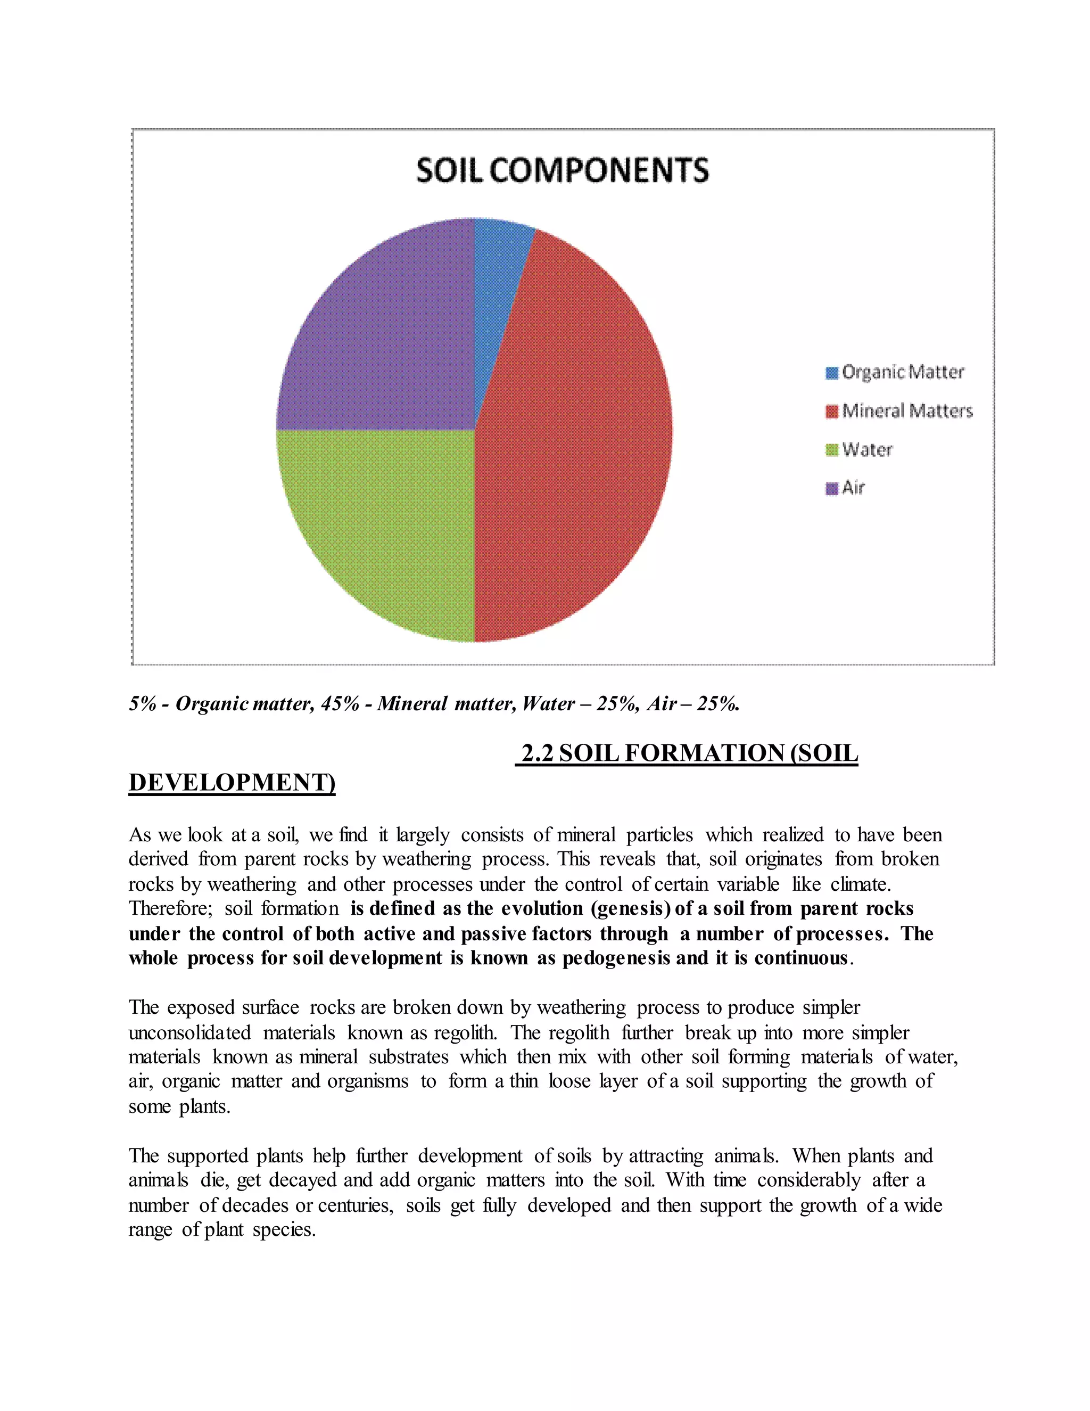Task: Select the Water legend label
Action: pyautogui.click(x=867, y=450)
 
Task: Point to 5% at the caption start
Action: pyautogui.click(x=142, y=703)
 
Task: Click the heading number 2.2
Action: pyautogui.click(x=536, y=753)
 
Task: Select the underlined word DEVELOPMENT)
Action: pyautogui.click(x=232, y=782)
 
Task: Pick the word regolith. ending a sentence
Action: pyautogui.click(x=465, y=1032)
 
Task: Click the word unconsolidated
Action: pyautogui.click(x=189, y=1032)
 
